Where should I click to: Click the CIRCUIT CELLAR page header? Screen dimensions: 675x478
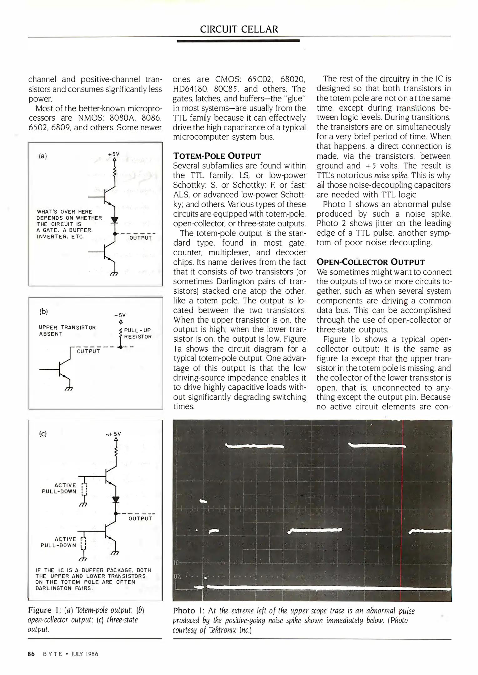239,29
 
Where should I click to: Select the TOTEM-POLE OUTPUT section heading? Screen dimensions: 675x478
217,156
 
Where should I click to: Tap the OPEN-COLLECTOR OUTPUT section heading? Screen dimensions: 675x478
370,262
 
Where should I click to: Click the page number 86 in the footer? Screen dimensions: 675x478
31,654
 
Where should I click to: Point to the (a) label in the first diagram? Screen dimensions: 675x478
43,156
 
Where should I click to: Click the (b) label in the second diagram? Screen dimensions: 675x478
43,311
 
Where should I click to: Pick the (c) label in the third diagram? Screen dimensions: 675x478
43,434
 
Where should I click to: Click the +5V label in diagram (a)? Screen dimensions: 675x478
114,154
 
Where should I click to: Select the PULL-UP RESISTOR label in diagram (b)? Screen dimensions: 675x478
138,333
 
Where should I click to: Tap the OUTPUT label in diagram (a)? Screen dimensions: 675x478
140,238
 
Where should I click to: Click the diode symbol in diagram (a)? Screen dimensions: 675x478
115,220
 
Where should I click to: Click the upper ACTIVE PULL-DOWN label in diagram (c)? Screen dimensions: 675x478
59,488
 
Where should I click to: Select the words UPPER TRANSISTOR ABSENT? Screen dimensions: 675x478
67,330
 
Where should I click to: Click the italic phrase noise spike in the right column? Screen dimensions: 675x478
391,175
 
